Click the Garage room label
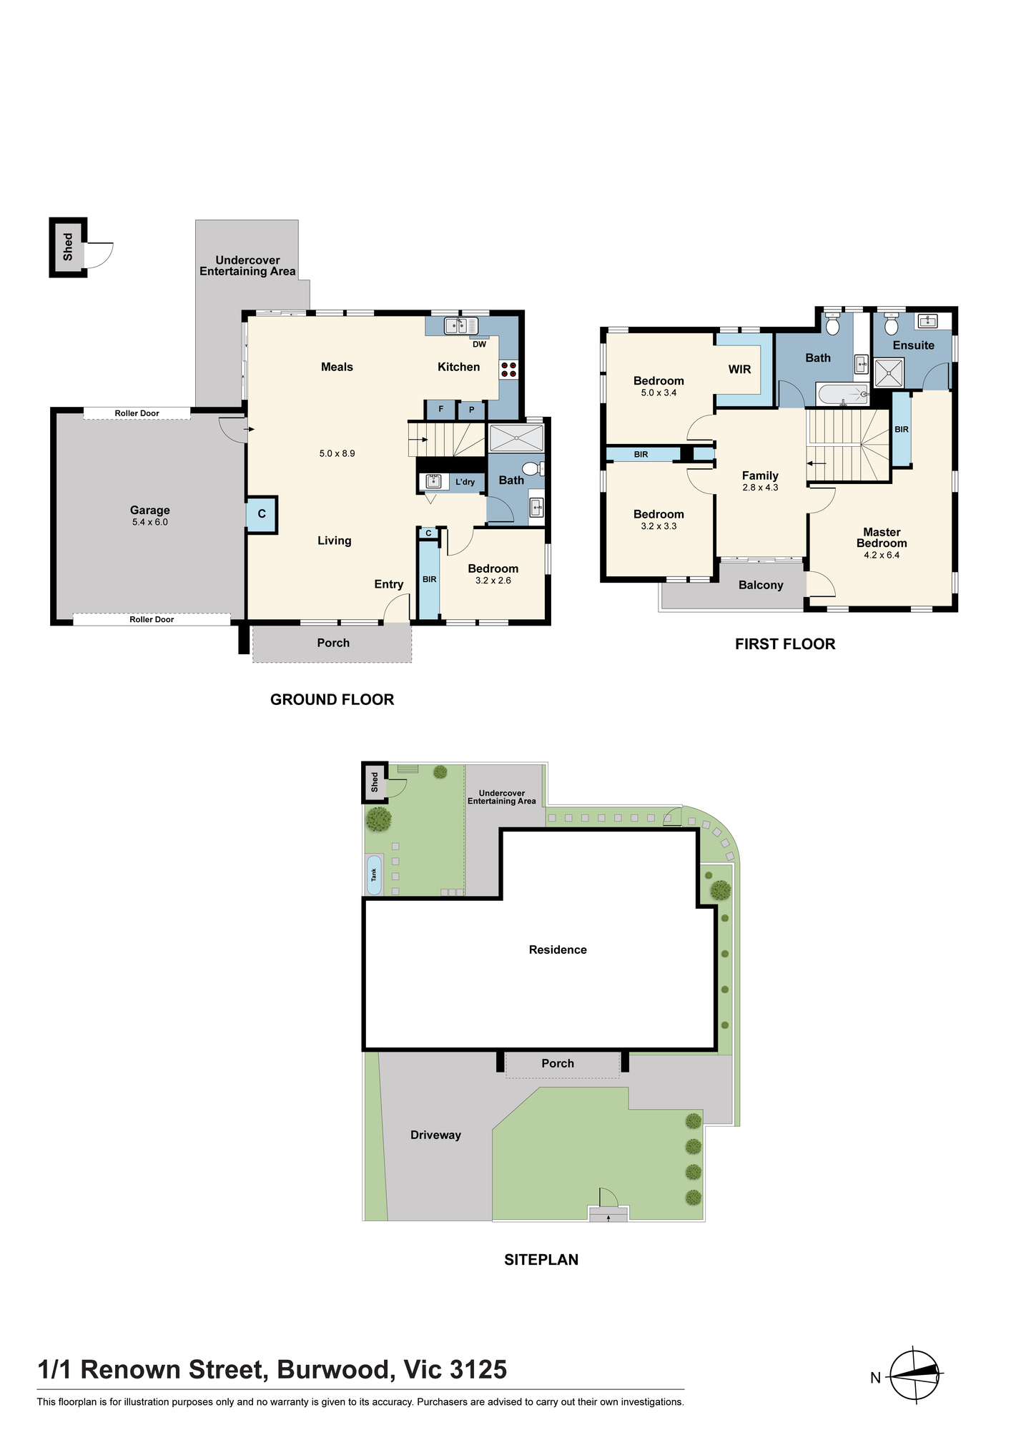coord(149,510)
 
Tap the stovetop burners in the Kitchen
coord(508,370)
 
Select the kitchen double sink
coord(461,326)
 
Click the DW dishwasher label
coord(479,345)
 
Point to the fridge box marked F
coord(440,410)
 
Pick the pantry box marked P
coord(472,410)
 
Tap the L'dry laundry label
coord(465,482)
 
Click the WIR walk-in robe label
coord(739,369)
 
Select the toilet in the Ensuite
coord(891,325)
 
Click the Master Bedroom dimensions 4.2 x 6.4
coord(882,555)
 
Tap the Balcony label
coord(761,585)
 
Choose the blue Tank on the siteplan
coord(373,874)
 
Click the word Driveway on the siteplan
coord(435,1135)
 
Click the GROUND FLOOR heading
coord(332,699)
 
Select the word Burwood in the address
coord(335,1369)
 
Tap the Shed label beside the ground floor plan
coord(68,247)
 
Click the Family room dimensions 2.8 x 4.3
coord(760,488)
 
